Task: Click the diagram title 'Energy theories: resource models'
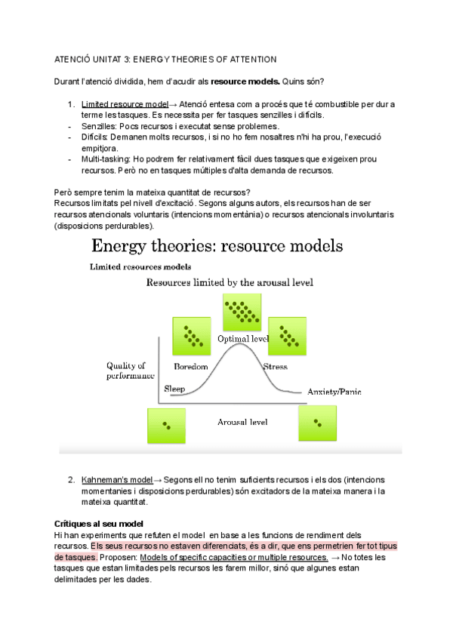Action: [x=217, y=246]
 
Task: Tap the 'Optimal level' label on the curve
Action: [x=243, y=339]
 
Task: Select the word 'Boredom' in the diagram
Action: [x=190, y=367]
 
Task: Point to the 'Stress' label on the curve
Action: [x=275, y=367]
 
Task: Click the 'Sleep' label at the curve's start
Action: [x=174, y=389]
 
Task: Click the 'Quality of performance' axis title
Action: [x=131, y=371]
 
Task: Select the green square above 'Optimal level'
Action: [x=242, y=311]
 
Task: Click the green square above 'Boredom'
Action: [x=193, y=334]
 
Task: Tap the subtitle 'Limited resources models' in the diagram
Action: [x=140, y=266]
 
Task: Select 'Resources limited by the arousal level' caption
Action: [x=230, y=282]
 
